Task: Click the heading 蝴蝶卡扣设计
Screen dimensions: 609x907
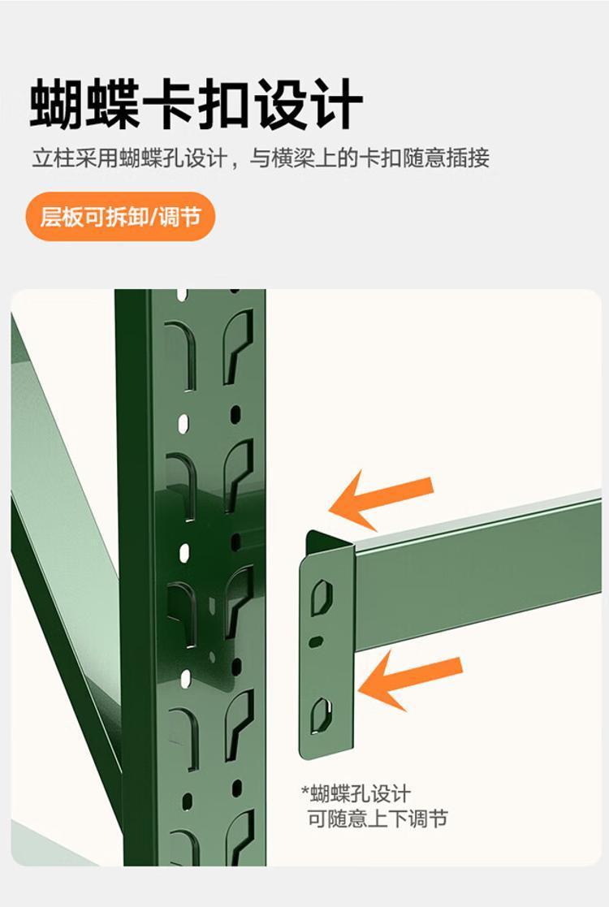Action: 196,104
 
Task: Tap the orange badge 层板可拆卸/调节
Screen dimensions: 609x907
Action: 120,217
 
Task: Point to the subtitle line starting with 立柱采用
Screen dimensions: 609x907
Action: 261,158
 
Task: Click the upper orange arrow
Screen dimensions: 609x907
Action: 381,499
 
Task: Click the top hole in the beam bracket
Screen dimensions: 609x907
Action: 322,597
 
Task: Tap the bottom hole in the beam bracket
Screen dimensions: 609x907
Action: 321,715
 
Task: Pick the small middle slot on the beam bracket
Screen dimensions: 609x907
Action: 316,641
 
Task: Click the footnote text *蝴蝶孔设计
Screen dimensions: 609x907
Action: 356,793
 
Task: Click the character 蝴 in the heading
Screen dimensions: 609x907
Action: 56,105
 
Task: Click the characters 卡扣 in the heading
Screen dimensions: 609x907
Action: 196,105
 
